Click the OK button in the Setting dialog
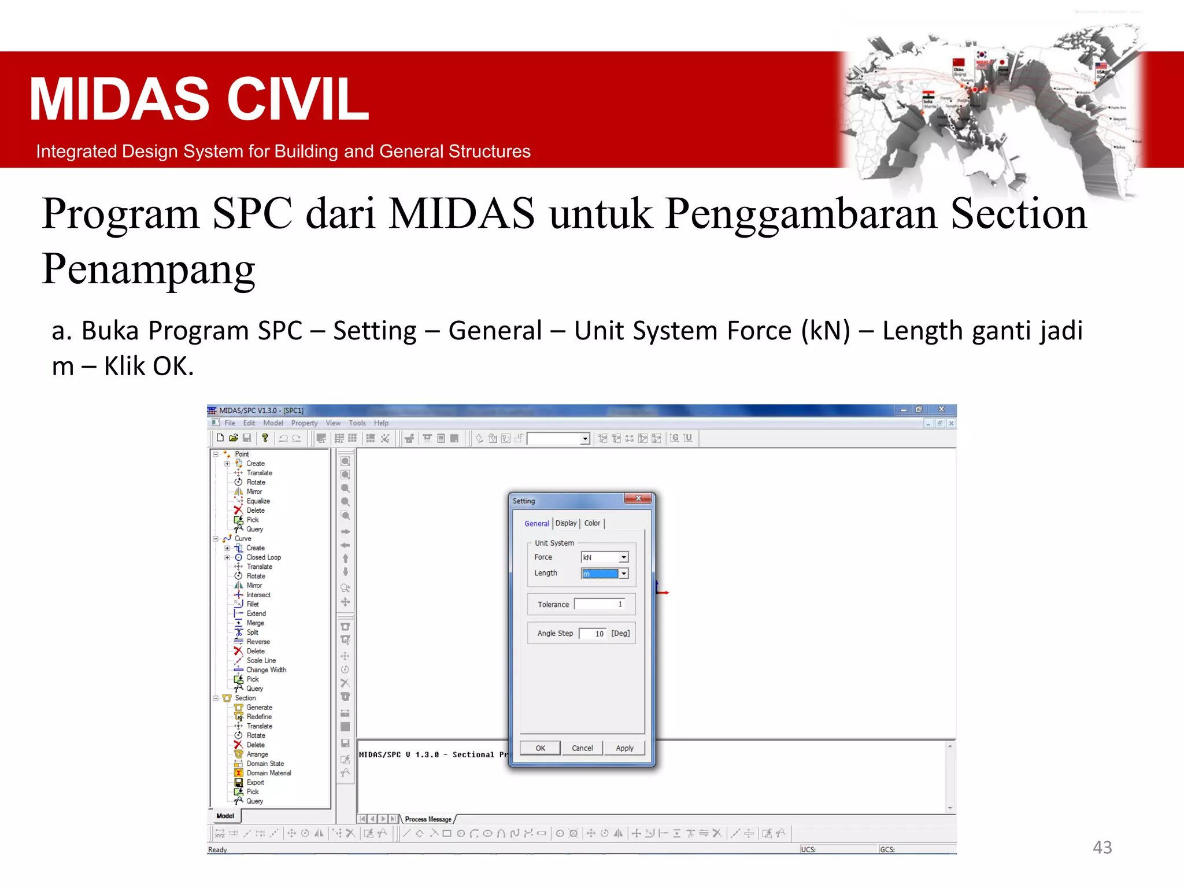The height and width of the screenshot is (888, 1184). pos(540,748)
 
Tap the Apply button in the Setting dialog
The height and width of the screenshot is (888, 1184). pos(624,748)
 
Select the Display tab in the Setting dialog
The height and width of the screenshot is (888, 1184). pos(566,523)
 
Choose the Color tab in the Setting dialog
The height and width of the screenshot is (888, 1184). pos(592,523)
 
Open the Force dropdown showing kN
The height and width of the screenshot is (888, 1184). pos(624,557)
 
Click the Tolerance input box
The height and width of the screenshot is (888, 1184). pos(600,604)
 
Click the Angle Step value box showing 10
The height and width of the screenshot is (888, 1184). pos(593,634)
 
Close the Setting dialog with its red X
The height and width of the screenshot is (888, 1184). pos(638,498)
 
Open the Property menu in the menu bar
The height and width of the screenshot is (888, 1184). pos(304,423)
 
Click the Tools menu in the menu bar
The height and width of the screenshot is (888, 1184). pos(357,423)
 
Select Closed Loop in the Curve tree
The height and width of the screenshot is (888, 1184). pos(263,557)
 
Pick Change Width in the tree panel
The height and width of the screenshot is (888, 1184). pos(266,670)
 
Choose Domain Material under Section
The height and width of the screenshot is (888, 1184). pos(269,773)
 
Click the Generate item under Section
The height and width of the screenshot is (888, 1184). pos(259,708)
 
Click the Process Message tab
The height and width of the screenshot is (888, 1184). pos(428,819)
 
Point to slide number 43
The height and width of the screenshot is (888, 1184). pos(1102,848)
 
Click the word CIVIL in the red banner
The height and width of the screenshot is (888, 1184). pos(298,99)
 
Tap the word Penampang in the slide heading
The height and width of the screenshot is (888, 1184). pos(149,269)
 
